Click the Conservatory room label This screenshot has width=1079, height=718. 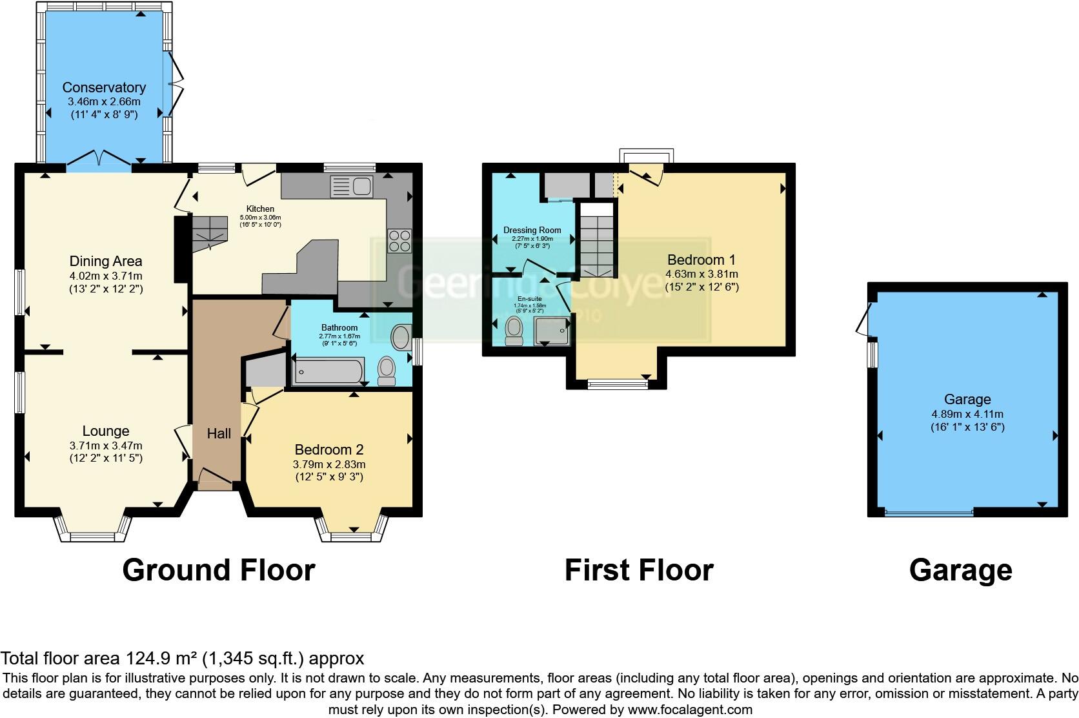tap(104, 87)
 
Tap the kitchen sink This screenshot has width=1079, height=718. tap(351, 187)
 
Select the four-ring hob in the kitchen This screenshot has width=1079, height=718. tap(399, 240)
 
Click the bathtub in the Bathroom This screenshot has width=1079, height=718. tap(328, 372)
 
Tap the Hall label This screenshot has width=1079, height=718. tap(219, 433)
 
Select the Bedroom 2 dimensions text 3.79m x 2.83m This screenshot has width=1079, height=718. tap(329, 464)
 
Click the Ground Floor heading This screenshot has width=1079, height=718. tap(218, 570)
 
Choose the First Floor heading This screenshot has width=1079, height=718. tap(638, 570)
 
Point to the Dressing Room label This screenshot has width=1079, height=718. tap(532, 230)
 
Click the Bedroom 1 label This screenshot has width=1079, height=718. tap(701, 260)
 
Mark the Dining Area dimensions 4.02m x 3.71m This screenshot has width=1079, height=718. tap(106, 276)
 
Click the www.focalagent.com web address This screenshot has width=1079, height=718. tap(689, 710)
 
